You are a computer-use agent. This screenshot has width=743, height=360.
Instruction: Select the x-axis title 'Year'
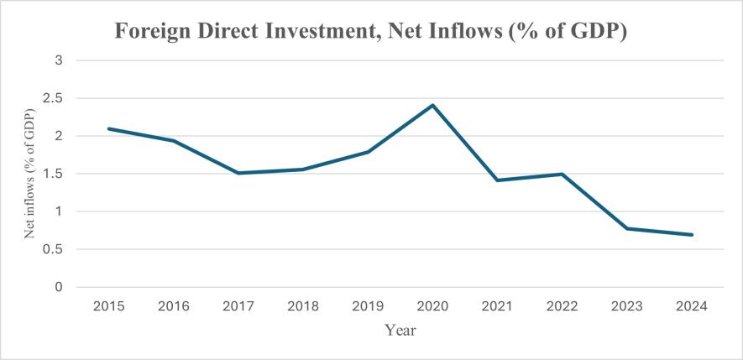[400, 331]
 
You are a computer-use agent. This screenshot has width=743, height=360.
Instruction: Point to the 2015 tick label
[109, 306]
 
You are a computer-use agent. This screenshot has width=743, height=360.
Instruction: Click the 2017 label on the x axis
[238, 306]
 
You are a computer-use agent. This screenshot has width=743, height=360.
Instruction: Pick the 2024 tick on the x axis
[692, 306]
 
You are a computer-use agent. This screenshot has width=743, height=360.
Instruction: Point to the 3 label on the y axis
[60, 60]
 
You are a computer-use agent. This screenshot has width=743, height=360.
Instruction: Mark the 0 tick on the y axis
[60, 287]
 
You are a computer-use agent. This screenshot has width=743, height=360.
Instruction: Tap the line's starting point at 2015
[109, 128]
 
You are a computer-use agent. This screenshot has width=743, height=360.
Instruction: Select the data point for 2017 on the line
[238, 173]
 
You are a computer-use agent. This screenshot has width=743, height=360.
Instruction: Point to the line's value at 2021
[498, 180]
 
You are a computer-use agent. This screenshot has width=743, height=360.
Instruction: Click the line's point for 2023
[627, 228]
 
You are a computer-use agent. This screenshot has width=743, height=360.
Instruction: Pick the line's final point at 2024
[692, 235]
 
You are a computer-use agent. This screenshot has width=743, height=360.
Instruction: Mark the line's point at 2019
[369, 152]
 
